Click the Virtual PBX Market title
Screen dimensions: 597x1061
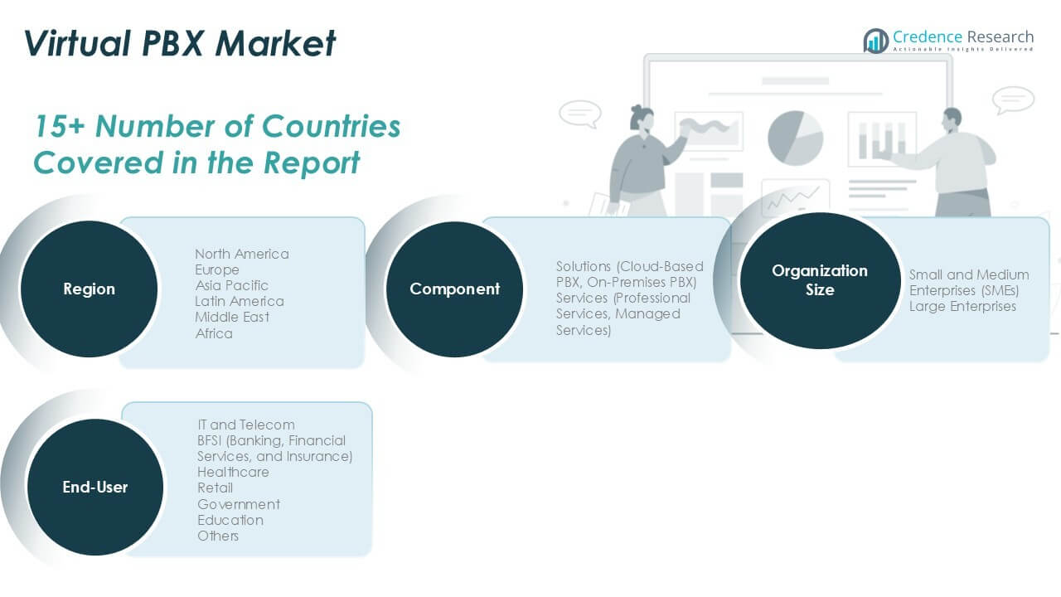[x=180, y=43]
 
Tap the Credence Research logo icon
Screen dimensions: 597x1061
[x=875, y=41]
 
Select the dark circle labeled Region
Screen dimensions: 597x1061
[x=89, y=289]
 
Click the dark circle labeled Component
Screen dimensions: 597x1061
[x=454, y=289]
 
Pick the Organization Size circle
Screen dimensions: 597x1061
[x=819, y=280]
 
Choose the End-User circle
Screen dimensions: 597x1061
[x=95, y=488]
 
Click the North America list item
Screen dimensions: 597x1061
[x=242, y=254]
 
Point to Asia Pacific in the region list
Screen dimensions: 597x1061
[x=231, y=285]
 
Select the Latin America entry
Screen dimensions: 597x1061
[x=239, y=301]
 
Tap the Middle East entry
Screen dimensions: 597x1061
[x=232, y=317]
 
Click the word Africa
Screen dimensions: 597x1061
[x=214, y=333]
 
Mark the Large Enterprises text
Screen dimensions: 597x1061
[x=962, y=306]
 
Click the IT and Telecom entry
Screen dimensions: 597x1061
[x=245, y=425]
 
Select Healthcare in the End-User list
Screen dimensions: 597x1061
[x=233, y=472]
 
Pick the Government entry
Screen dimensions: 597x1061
[x=238, y=504]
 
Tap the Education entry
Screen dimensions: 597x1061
[x=230, y=520]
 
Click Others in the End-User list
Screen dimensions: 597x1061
[x=218, y=536]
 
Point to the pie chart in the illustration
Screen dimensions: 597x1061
[x=795, y=137]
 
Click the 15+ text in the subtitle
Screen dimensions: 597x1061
[x=60, y=126]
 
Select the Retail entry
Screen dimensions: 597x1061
[x=215, y=488]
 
